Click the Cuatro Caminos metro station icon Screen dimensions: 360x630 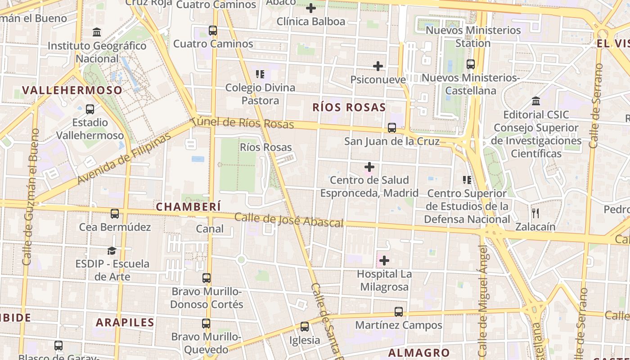[x=213, y=31]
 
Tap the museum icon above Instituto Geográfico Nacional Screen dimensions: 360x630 [x=97, y=32]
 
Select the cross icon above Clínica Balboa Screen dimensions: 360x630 [x=311, y=8]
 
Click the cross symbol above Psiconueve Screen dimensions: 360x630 [x=378, y=66]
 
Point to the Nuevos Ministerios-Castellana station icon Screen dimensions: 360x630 [x=471, y=64]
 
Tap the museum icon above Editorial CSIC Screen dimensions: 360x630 [x=536, y=101]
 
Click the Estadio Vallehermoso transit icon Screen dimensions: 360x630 [x=90, y=109]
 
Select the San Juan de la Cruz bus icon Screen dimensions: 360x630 [x=392, y=128]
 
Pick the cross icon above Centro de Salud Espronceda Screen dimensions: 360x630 [x=369, y=167]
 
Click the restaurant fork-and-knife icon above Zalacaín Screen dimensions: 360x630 [x=535, y=213]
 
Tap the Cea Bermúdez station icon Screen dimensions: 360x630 [x=115, y=214]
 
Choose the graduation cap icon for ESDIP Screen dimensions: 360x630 [x=112, y=251]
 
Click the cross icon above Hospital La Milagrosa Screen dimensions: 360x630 [x=384, y=261]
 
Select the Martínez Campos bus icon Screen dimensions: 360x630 [x=399, y=311]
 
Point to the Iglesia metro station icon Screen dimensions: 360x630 [x=305, y=327]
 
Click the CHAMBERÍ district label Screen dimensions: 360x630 [x=189, y=207]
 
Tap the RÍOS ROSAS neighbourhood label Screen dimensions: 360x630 [x=349, y=107]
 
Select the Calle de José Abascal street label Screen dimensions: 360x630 [x=289, y=220]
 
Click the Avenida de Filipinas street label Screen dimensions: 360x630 [x=124, y=158]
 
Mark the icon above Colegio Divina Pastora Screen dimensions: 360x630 [x=260, y=74]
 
